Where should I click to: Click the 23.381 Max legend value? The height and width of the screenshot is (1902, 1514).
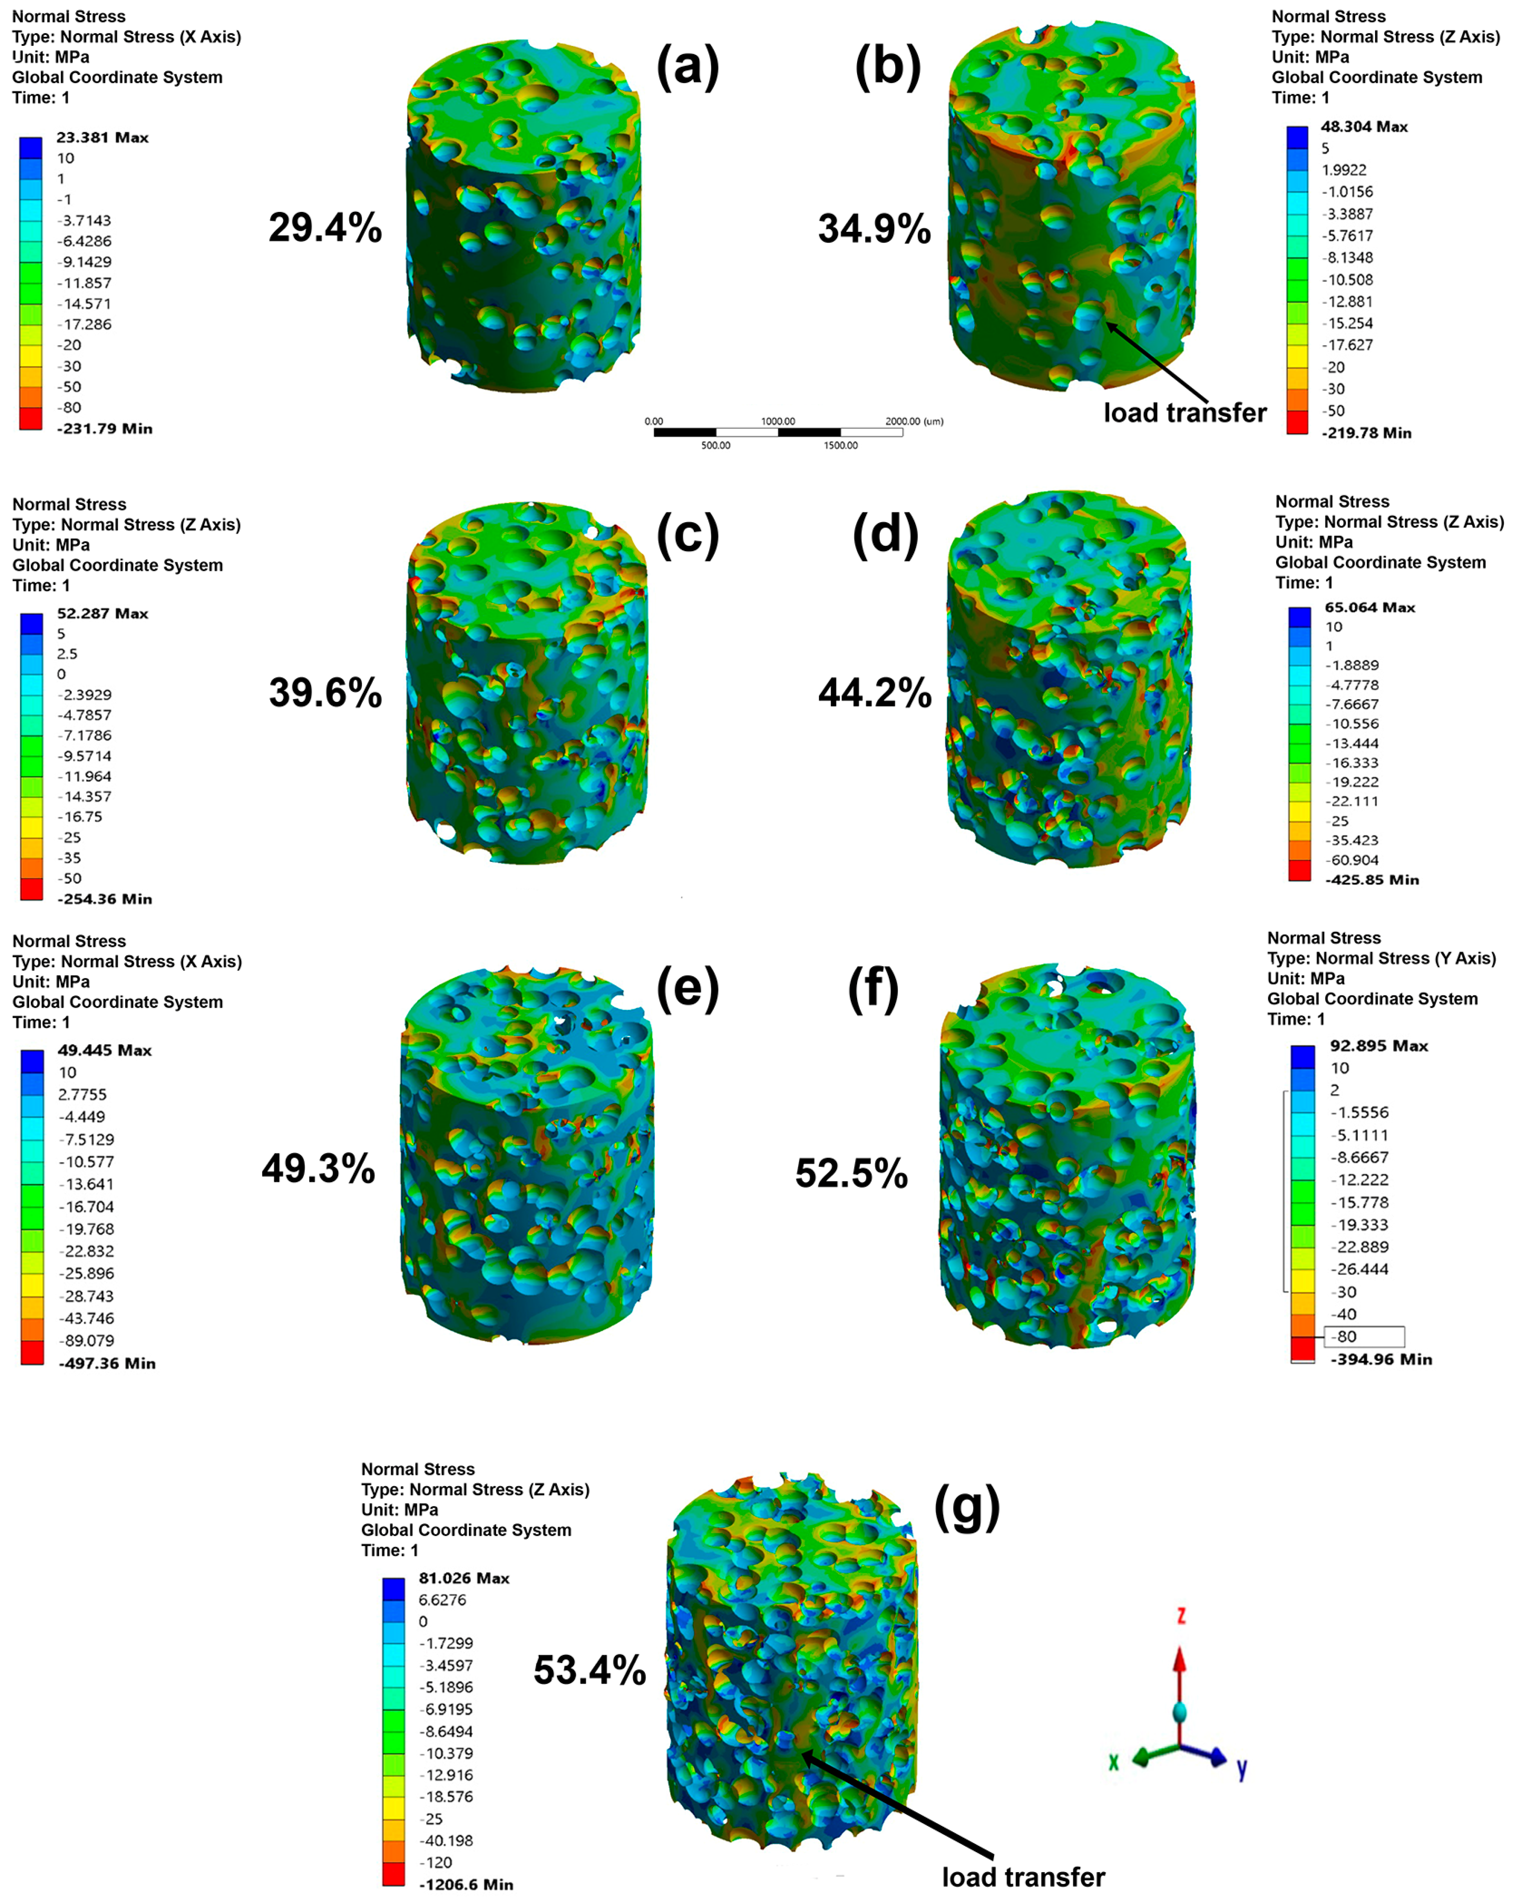click(x=102, y=138)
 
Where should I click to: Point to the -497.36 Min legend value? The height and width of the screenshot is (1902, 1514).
click(x=107, y=1363)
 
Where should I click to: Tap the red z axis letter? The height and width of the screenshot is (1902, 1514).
click(x=1180, y=1616)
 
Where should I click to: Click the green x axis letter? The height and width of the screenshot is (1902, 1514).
click(x=1113, y=1762)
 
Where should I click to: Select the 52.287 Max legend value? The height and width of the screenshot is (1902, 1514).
click(x=102, y=613)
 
